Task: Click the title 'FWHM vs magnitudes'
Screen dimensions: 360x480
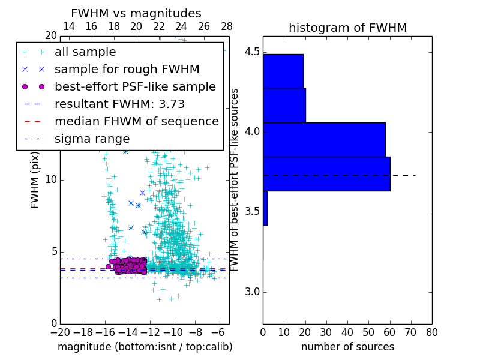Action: (136, 13)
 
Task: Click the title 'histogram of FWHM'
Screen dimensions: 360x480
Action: (347, 28)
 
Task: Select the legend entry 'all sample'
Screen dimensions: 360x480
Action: (85, 52)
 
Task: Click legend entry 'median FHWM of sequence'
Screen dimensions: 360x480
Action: (136, 121)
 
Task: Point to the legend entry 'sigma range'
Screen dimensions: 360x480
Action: (92, 139)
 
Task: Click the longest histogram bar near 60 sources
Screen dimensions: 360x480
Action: (326, 173)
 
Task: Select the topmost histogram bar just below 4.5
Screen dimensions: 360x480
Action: (283, 71)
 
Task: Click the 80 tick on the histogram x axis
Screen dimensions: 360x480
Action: (431, 331)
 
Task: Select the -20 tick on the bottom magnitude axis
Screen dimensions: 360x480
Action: (60, 331)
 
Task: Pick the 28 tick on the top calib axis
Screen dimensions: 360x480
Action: (227, 26)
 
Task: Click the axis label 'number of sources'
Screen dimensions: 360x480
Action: (347, 347)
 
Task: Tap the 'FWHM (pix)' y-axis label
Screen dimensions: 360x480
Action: (35, 179)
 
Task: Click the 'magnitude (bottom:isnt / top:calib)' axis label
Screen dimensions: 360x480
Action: (145, 347)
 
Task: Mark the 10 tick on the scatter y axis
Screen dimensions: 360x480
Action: (52, 180)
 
